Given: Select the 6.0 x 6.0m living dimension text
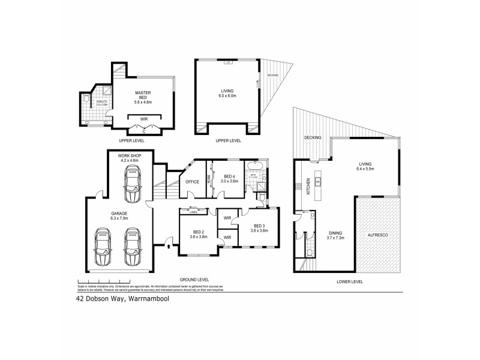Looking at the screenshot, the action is pos(227,96).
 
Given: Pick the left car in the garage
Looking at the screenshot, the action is pos(103,247).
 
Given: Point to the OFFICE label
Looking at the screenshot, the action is pos(192,182).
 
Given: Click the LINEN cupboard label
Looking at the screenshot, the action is pos(193,212).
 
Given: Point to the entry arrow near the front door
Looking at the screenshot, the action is pos(169,245).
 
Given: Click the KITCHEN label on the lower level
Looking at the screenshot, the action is pos(308,185).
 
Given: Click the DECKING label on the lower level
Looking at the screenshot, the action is pos(313,137).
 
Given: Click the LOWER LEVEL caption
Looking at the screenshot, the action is pos(350,281).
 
